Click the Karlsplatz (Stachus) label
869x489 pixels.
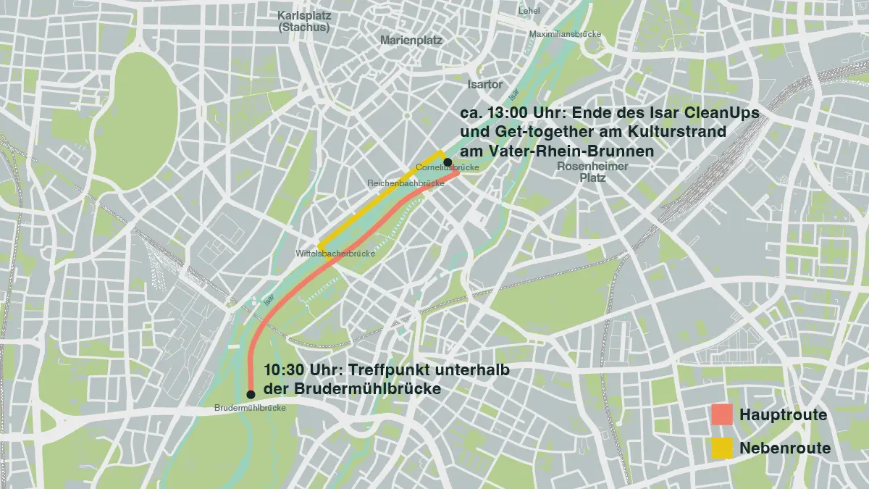point(303,21)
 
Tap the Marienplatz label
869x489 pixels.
point(411,41)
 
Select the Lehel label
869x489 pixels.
point(529,11)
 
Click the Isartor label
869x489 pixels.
point(485,85)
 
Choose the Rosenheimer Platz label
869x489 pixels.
point(592,172)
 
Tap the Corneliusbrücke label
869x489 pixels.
point(447,169)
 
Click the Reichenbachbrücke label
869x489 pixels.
point(406,183)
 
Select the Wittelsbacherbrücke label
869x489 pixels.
point(335,254)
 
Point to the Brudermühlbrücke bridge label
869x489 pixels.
point(250,409)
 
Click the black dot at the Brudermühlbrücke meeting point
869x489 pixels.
point(251,394)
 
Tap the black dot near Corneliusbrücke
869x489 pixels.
point(448,162)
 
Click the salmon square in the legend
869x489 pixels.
point(722,414)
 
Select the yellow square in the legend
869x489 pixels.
point(722,448)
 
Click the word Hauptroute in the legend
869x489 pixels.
point(783,415)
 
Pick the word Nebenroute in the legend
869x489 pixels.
point(785,448)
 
